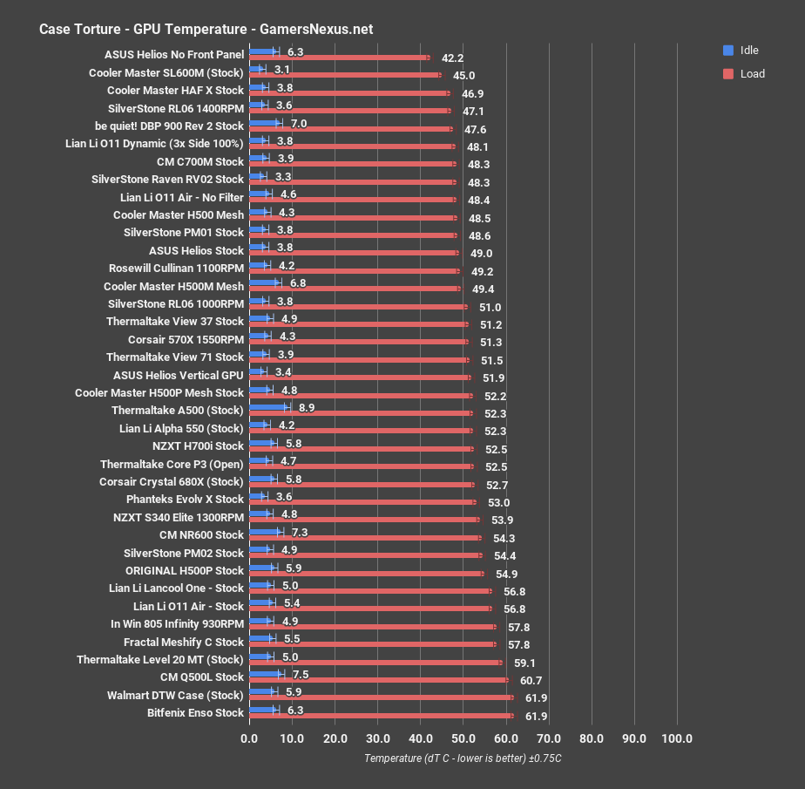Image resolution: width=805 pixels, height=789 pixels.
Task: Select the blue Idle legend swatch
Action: [x=728, y=50]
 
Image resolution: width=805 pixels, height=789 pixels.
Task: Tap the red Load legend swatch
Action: [x=728, y=73]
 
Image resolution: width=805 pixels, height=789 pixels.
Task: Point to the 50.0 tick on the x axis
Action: [x=463, y=739]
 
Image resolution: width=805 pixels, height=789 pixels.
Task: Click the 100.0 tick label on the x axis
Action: [x=677, y=739]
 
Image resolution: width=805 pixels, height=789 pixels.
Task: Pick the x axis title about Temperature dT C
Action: [x=463, y=758]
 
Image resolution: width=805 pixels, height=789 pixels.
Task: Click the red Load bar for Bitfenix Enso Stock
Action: [x=381, y=716]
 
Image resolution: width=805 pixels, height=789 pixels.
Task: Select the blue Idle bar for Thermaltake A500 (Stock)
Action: [x=268, y=406]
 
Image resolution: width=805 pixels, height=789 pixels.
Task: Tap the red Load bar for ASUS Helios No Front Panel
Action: [x=339, y=58]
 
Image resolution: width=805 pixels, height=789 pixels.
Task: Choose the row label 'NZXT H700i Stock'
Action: [x=198, y=446]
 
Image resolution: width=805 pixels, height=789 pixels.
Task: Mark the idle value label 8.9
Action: [x=307, y=407]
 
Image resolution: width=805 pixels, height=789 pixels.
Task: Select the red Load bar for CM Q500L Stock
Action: [x=378, y=680]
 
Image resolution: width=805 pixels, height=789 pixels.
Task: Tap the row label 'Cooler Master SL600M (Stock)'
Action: [x=166, y=72]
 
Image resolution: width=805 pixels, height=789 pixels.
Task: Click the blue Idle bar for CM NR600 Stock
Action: [x=265, y=531]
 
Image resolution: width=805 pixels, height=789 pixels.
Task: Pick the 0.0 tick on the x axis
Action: [x=249, y=739]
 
